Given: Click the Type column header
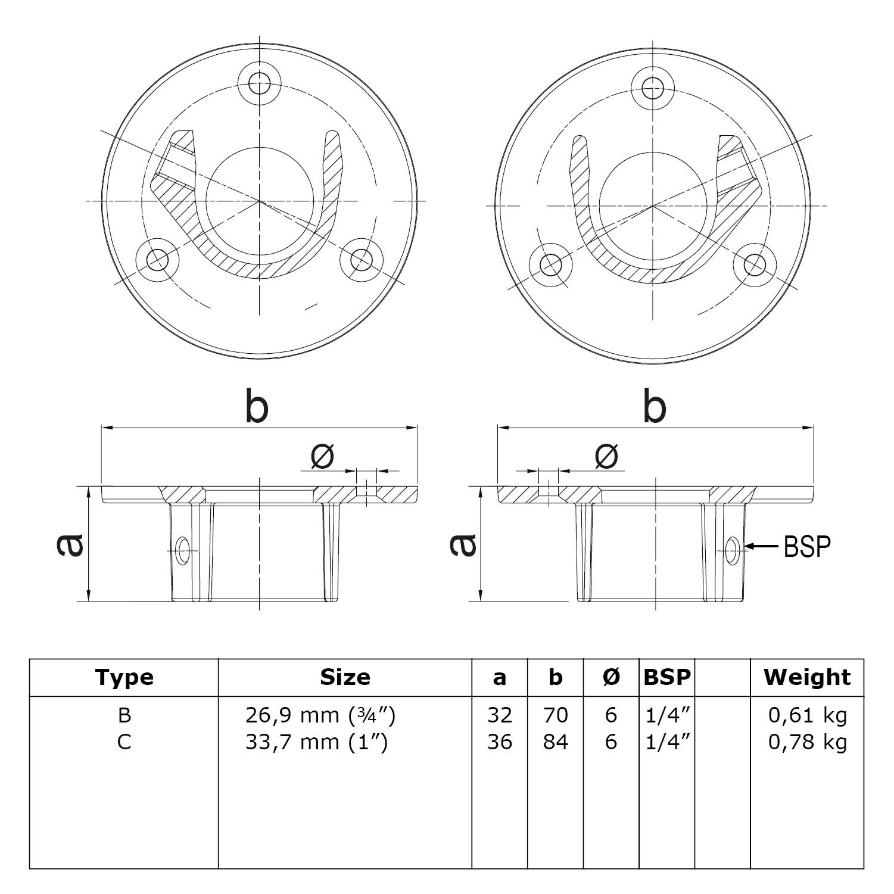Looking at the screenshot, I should (x=124, y=677).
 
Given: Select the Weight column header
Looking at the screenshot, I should (x=807, y=677).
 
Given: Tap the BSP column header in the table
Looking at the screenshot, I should (x=667, y=677).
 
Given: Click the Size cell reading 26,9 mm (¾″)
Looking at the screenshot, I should (x=320, y=715).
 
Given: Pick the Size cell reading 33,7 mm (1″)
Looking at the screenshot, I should (x=316, y=742).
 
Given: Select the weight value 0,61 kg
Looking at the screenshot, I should (x=807, y=715).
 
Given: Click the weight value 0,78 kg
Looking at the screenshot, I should (x=807, y=742).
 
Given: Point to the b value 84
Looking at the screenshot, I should (x=555, y=742).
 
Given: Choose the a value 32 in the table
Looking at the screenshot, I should (x=500, y=715).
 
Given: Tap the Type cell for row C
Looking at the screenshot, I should (x=124, y=742).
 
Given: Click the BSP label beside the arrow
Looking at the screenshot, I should (x=807, y=546).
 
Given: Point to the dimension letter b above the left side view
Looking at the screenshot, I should (x=257, y=407).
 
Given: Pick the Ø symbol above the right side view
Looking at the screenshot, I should (x=606, y=456).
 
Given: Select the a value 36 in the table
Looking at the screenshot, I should (x=500, y=742).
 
